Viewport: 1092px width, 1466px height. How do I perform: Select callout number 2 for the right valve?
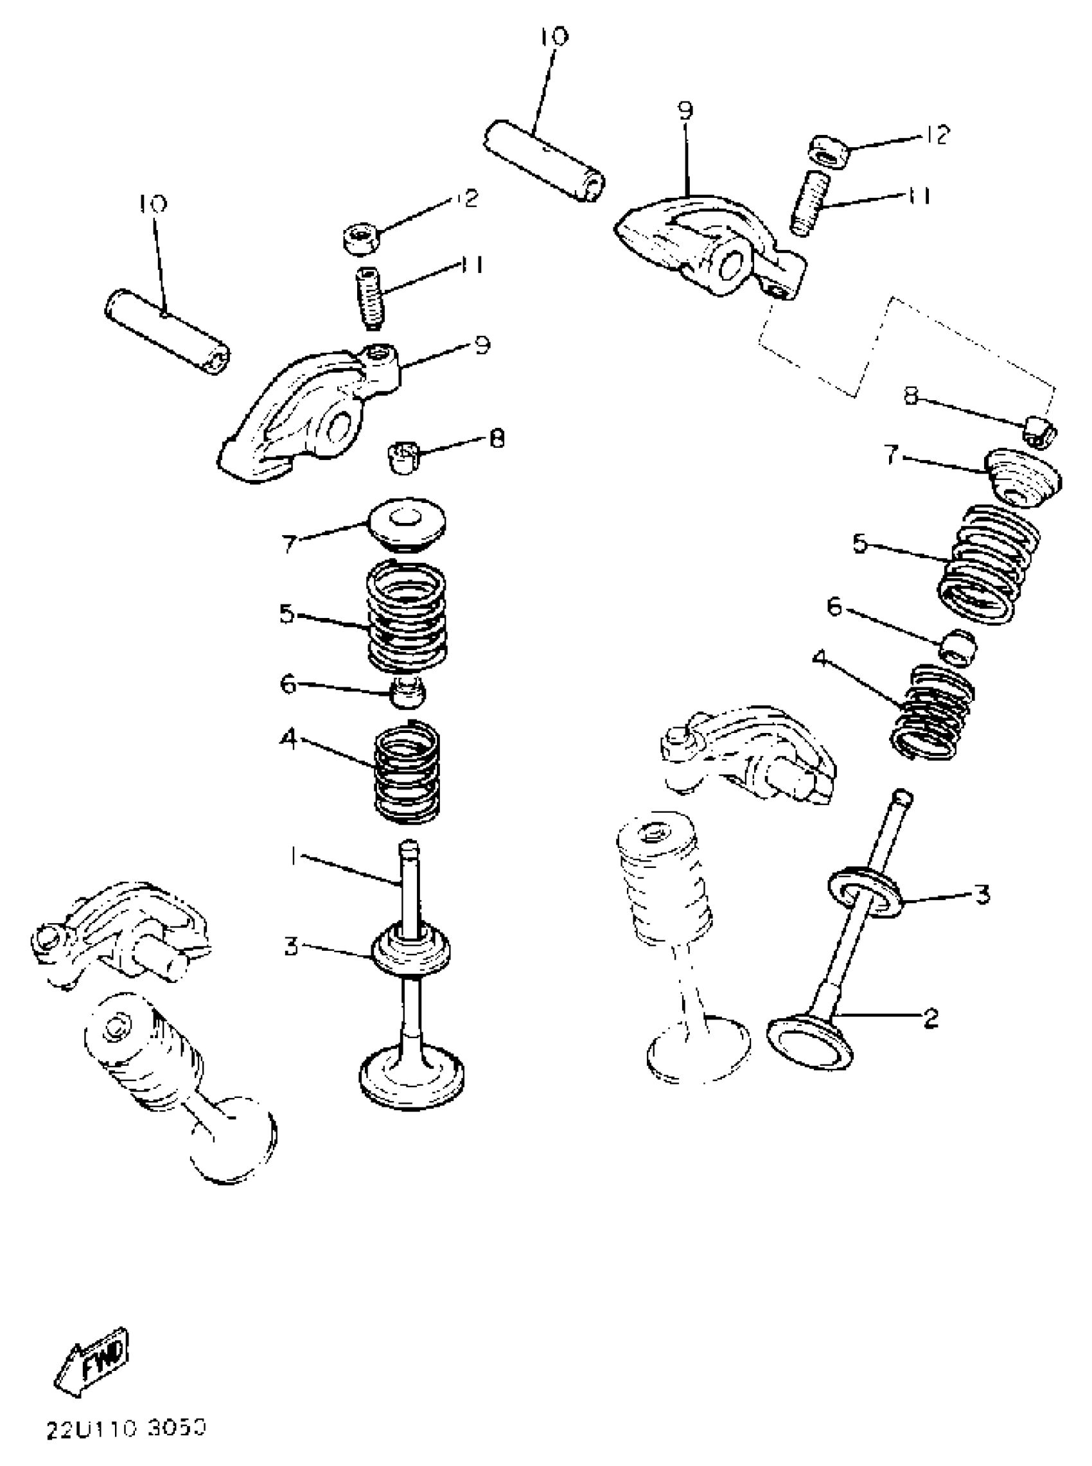point(931,1017)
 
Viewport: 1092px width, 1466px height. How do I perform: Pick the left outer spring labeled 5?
point(407,615)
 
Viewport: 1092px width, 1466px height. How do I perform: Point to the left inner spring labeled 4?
point(407,772)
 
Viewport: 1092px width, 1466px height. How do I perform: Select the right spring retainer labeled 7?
point(1023,478)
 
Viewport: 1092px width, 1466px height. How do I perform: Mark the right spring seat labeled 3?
point(864,894)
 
